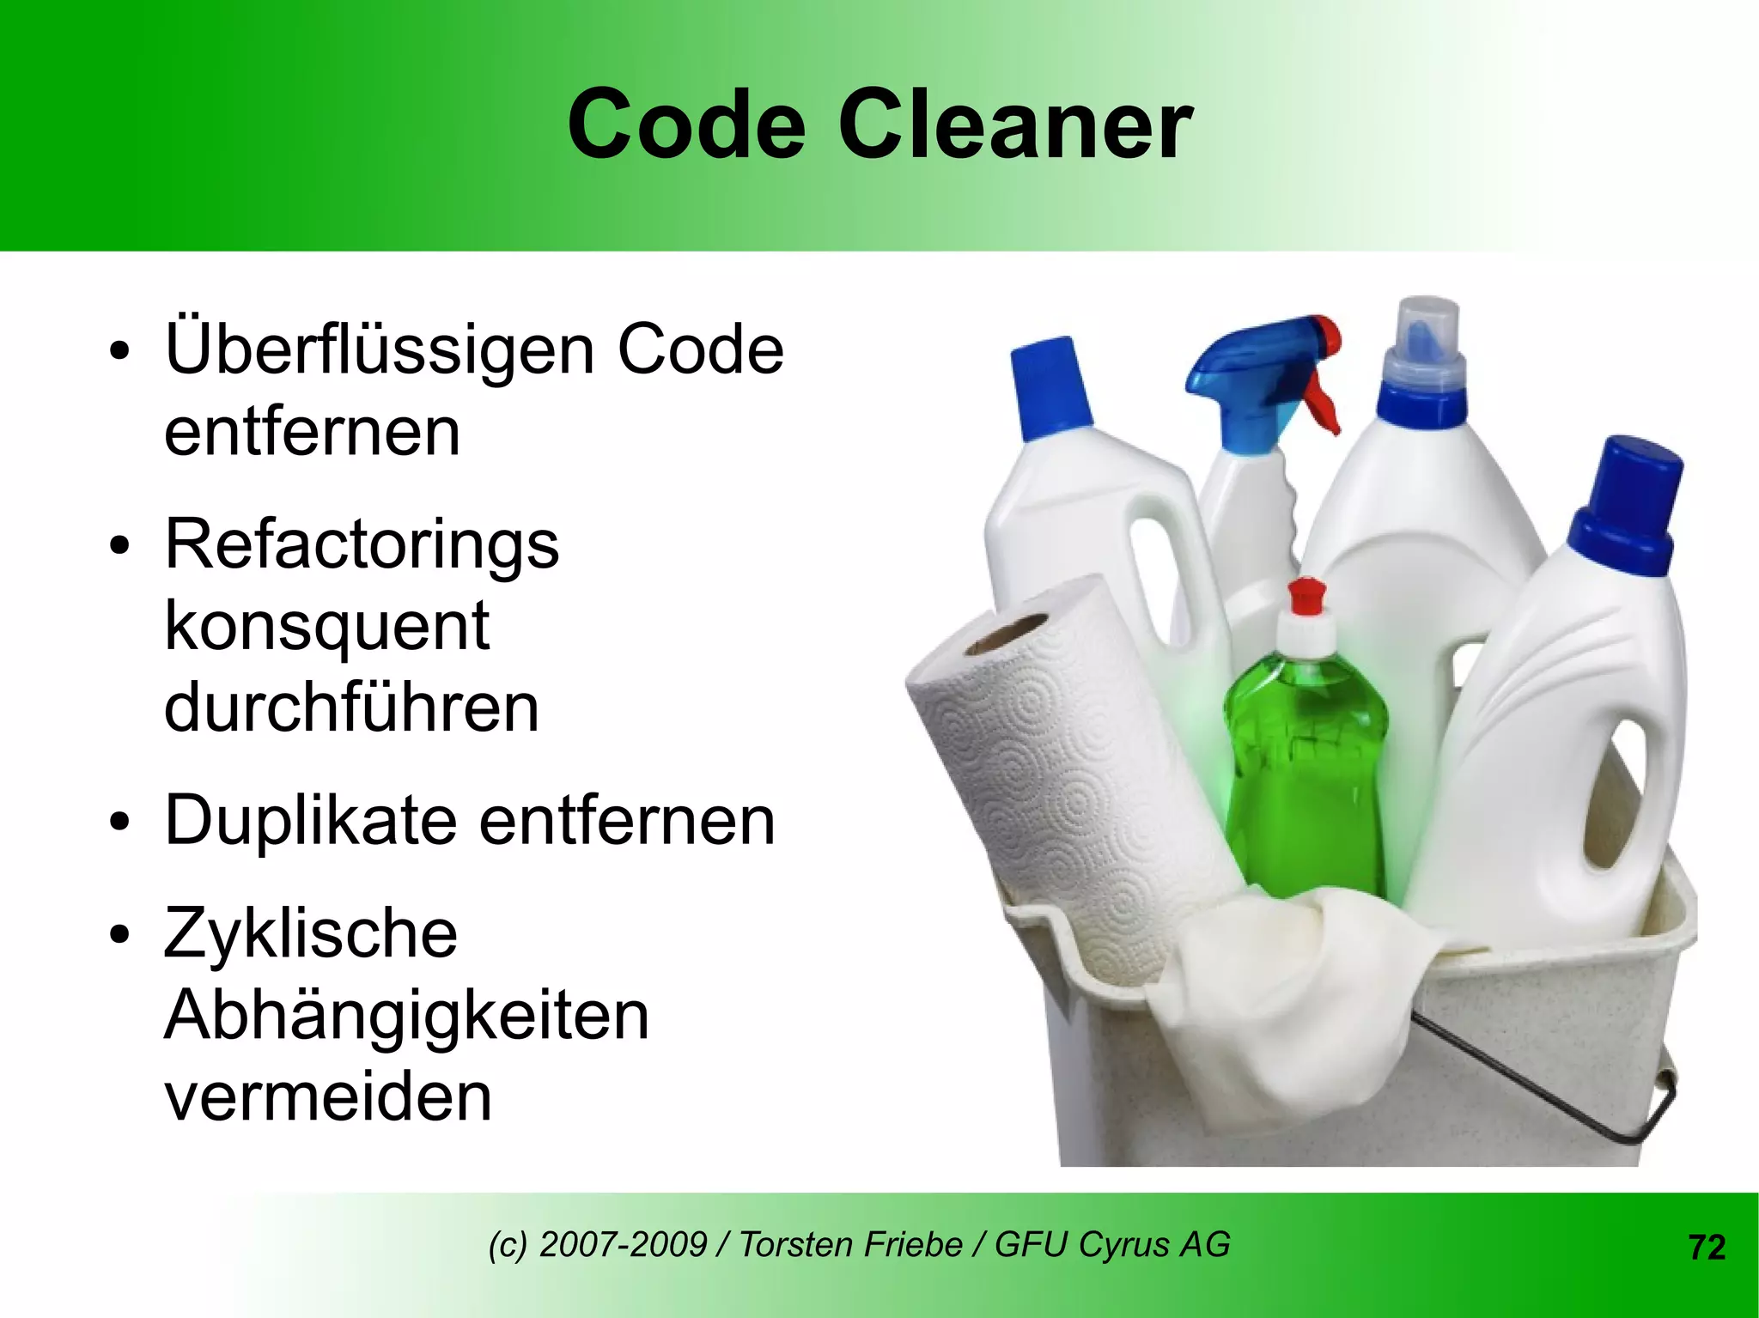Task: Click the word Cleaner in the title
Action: pos(1014,125)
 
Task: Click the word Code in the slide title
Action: pos(685,125)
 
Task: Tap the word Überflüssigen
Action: pos(379,350)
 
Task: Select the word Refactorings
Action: pos(362,544)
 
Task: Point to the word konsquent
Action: pos(326,627)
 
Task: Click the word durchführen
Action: pos(351,708)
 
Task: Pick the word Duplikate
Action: pos(310,820)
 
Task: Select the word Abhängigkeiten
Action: pos(406,1015)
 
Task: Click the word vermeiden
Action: pos(328,1096)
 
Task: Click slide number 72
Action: pos(1707,1247)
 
